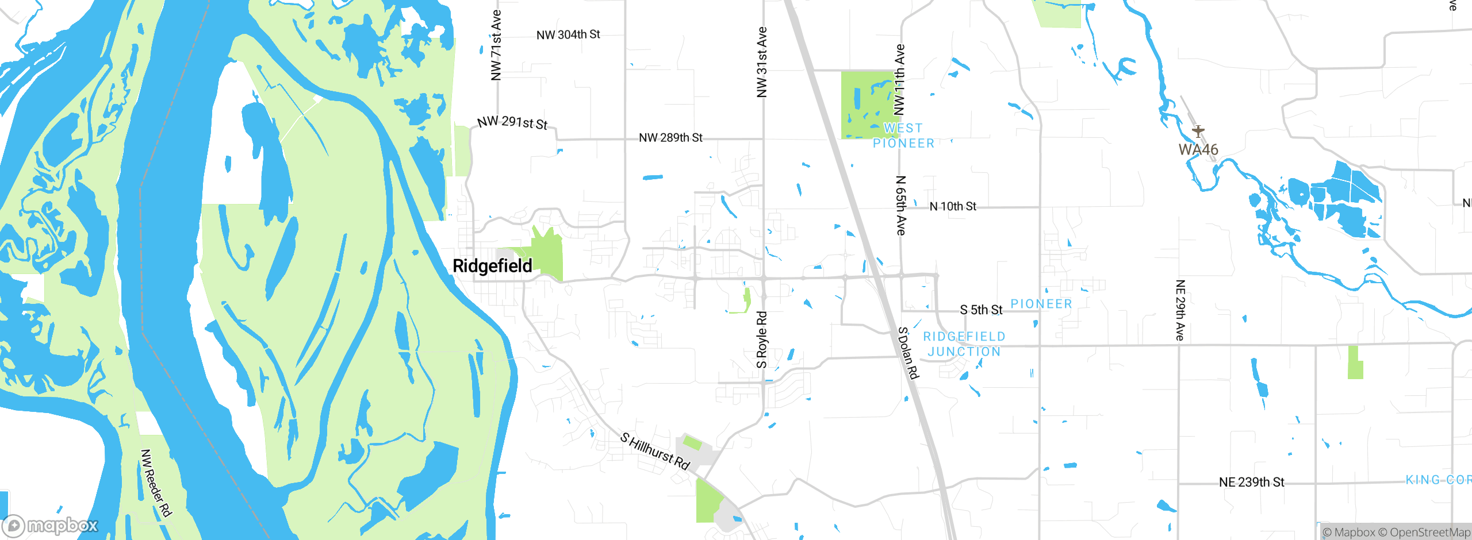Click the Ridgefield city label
(x=492, y=266)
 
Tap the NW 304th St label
(x=568, y=35)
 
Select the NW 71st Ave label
(x=496, y=45)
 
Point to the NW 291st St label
(x=512, y=122)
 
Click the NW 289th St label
(x=670, y=138)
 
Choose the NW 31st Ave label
(x=762, y=62)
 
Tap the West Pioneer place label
(x=903, y=136)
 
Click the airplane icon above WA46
(x=1198, y=131)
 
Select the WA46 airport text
(x=1198, y=150)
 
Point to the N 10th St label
(x=953, y=206)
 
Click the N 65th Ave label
(x=901, y=205)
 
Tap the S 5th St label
(x=981, y=310)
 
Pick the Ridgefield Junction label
(x=964, y=344)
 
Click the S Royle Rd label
(x=762, y=340)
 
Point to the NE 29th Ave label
(x=1180, y=310)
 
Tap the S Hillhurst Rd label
(x=655, y=451)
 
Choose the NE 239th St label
(x=1251, y=483)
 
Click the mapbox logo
(x=51, y=525)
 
